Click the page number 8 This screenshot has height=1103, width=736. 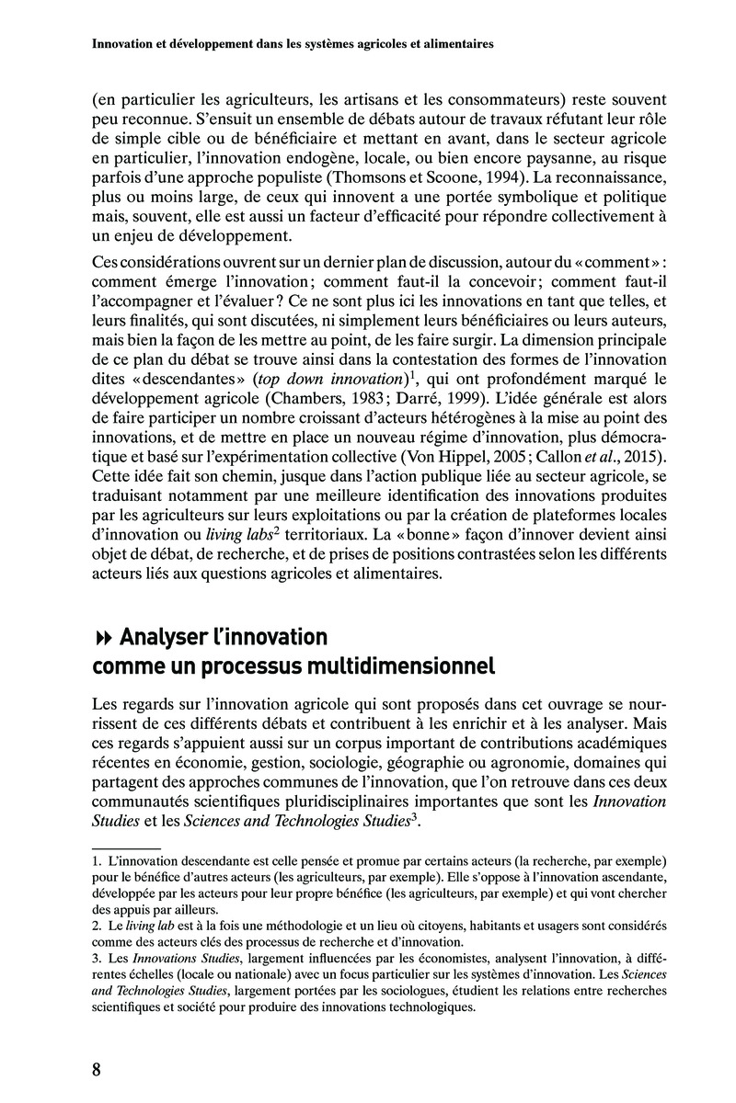[97, 1070]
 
